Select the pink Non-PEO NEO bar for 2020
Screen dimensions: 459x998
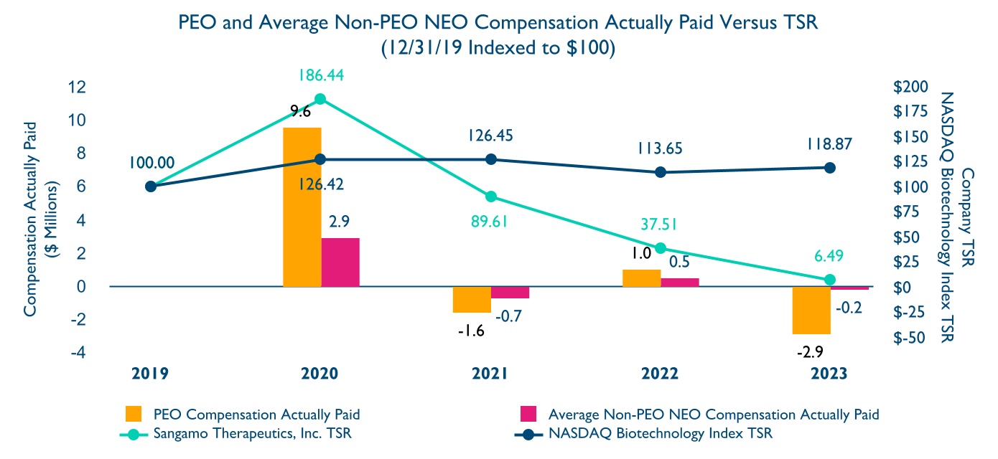click(340, 262)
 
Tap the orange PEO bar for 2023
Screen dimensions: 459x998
click(811, 310)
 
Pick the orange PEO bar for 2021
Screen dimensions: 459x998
click(472, 299)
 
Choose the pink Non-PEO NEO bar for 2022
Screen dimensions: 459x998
click(680, 282)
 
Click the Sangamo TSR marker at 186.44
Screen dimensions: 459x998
click(320, 99)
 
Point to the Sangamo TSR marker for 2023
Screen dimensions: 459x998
click(830, 280)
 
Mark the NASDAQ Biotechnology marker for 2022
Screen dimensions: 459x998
click(661, 172)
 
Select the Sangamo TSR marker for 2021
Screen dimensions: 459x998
click(491, 197)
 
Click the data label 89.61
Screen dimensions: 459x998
click(490, 222)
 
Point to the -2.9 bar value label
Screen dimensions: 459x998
click(811, 351)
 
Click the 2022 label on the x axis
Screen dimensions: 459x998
click(660, 374)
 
